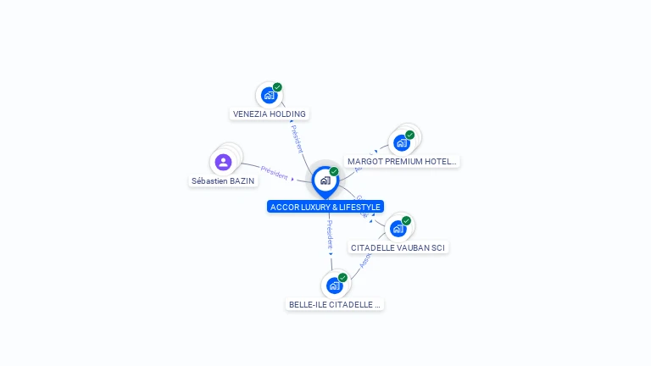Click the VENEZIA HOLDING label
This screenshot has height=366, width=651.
270,114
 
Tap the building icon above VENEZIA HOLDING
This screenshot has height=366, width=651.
270,95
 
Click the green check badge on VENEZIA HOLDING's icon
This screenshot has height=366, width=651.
277,87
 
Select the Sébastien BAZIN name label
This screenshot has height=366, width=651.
222,180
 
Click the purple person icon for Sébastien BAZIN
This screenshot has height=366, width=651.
223,162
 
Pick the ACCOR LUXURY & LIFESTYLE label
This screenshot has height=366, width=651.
325,207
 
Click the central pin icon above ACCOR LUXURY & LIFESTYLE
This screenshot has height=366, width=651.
325,180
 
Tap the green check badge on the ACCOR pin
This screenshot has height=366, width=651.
334,171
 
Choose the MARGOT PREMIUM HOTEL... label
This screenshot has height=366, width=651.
402,161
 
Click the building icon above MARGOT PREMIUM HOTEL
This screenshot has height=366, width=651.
402,142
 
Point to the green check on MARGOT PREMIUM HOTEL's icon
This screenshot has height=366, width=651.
409,135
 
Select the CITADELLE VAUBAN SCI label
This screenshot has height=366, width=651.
398,247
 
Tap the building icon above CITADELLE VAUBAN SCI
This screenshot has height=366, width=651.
398,228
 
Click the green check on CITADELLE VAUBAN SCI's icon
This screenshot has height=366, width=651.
406,220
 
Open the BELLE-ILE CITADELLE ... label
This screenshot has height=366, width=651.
334,304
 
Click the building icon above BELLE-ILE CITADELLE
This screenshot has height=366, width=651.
334,286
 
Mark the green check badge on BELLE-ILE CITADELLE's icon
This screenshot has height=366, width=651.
342,277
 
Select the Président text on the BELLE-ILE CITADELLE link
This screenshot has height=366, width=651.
330,233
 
